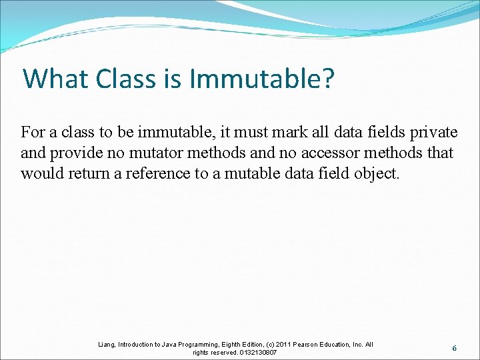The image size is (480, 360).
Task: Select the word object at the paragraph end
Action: tap(378, 174)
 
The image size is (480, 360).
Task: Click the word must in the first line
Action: tap(239, 131)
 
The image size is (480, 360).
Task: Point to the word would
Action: tap(40, 174)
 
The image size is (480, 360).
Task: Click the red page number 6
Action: tap(454, 348)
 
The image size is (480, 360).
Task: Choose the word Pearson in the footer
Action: tap(307, 345)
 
